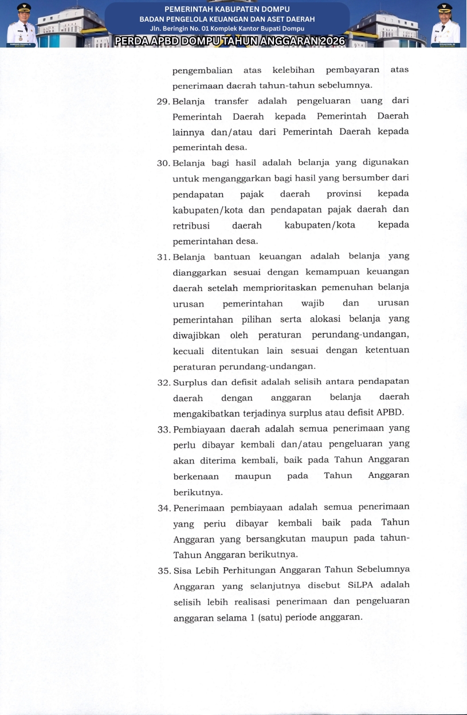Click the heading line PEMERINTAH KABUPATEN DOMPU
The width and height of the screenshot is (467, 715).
click(x=227, y=9)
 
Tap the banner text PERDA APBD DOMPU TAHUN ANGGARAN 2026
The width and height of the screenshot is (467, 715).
click(x=229, y=41)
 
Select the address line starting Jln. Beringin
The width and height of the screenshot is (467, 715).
click(x=227, y=28)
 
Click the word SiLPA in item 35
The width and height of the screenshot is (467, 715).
click(x=360, y=586)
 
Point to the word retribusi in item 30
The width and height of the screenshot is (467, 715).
click(x=191, y=225)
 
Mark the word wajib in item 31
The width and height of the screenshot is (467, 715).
click(x=312, y=303)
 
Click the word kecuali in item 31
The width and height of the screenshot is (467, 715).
click(x=189, y=350)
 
